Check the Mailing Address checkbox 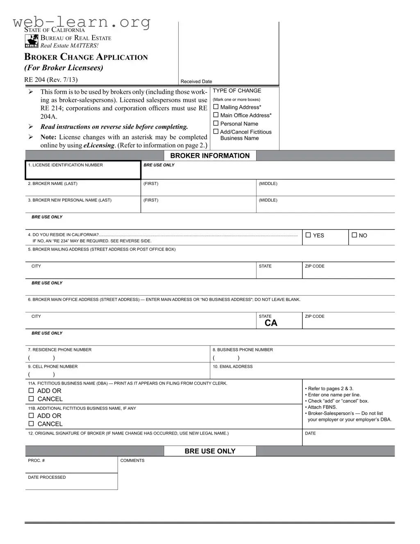pyautogui.click(x=216, y=107)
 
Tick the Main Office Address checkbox pyautogui.click(x=216, y=115)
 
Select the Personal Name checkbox pyautogui.click(x=216, y=123)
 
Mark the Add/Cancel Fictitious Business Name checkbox pyautogui.click(x=216, y=132)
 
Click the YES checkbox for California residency pyautogui.click(x=309, y=235)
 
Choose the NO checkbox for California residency pyautogui.click(x=354, y=235)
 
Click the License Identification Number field pyautogui.click(x=83, y=170)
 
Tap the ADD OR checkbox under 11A pyautogui.click(x=31, y=391)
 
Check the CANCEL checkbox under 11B pyautogui.click(x=31, y=424)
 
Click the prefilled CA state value pyautogui.click(x=271, y=323)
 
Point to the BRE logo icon pyautogui.click(x=32, y=41)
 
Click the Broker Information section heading pyautogui.click(x=210, y=156)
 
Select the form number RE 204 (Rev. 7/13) pyautogui.click(x=51, y=80)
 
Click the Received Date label pyautogui.click(x=196, y=82)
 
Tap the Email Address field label pyautogui.click(x=232, y=366)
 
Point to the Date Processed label pyautogui.click(x=47, y=477)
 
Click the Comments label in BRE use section pyautogui.click(x=132, y=460)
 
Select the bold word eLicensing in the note pyautogui.click(x=99, y=145)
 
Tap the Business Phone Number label pyautogui.click(x=243, y=350)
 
